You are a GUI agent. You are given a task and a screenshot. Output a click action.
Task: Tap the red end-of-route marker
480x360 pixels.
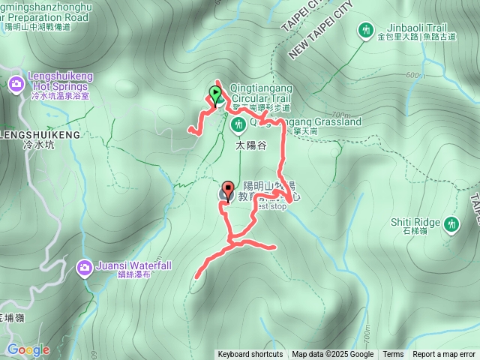click(228, 190)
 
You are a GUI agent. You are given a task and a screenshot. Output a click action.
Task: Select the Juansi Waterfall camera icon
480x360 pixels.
click(85, 266)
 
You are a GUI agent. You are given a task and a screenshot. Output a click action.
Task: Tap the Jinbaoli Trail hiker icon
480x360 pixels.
click(366, 30)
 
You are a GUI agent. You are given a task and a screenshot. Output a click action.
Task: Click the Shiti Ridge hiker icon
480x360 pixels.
click(451, 223)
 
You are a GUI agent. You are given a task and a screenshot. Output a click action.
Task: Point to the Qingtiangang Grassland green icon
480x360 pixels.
click(241, 122)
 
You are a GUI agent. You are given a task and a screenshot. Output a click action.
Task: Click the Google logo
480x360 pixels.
click(28, 349)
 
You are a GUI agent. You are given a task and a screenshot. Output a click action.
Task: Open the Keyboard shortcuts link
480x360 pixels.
click(250, 355)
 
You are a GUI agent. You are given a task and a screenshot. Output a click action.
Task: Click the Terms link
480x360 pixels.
click(393, 355)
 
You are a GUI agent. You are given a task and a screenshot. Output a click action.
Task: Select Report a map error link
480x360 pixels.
click(444, 355)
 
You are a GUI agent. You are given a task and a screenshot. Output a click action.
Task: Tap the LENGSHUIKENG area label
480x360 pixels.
click(40, 134)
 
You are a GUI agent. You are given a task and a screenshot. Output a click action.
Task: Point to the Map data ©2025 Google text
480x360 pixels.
click(332, 355)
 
